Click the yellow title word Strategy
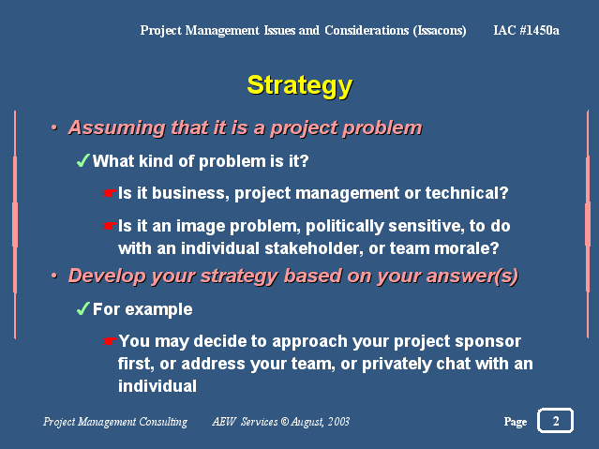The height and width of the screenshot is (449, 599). pos(300,86)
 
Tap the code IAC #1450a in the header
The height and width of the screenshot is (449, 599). pos(526,30)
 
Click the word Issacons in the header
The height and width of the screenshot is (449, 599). pos(440,31)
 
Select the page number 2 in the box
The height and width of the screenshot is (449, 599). pos(556,421)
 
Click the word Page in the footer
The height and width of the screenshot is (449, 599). pos(516,422)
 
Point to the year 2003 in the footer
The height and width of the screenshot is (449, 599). pos(338,422)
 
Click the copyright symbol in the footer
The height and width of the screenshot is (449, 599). pos(285,422)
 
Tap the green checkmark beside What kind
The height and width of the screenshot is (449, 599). pos(82,160)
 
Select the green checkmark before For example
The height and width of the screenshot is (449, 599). pos(82,308)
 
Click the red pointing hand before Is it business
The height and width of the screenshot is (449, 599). pos(109,193)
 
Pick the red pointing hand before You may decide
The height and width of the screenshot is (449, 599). pos(109,341)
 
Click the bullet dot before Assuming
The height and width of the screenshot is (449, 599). pos(54,127)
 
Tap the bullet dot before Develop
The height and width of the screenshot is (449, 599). pos(54,276)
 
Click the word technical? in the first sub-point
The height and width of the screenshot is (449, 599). pos(467,193)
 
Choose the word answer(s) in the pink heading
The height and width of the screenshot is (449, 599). pos(472,276)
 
